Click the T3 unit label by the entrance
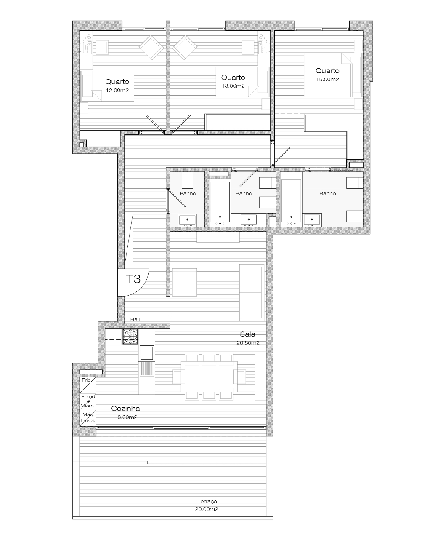pyautogui.click(x=133, y=279)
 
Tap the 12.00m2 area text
pyautogui.click(x=117, y=90)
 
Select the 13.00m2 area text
pyautogui.click(x=233, y=86)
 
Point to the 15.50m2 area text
pyautogui.click(x=327, y=79)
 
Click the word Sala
pyautogui.click(x=247, y=334)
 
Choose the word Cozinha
pyautogui.click(x=125, y=409)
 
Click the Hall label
pyautogui.click(x=135, y=319)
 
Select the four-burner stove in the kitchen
pyautogui.click(x=130, y=337)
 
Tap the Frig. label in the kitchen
pyautogui.click(x=86, y=380)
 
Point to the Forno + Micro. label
pyautogui.click(x=88, y=401)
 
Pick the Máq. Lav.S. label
pyautogui.click(x=88, y=418)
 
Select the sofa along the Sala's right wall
pyautogui.click(x=252, y=292)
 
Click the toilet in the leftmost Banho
pyautogui.click(x=187, y=181)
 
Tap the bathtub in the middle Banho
pyautogui.click(x=220, y=202)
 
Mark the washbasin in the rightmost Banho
pyautogui.click(x=312, y=220)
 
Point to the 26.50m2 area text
pyautogui.click(x=248, y=343)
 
